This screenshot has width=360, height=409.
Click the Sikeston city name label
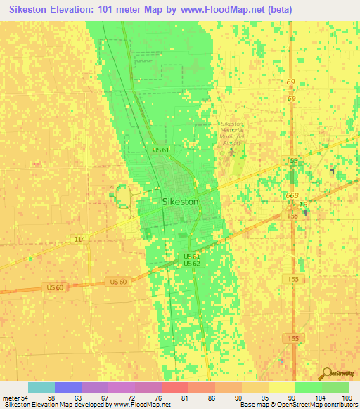180,201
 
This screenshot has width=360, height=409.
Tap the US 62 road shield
192,264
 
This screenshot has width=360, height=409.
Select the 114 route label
79,240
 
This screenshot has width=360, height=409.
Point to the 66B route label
292,196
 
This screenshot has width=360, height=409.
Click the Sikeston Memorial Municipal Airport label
232,133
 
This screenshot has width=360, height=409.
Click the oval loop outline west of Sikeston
122,195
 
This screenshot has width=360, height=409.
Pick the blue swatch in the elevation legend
68,387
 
